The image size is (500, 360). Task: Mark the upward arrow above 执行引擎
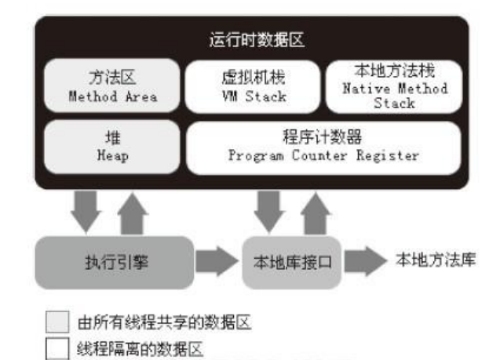pos(133,211)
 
